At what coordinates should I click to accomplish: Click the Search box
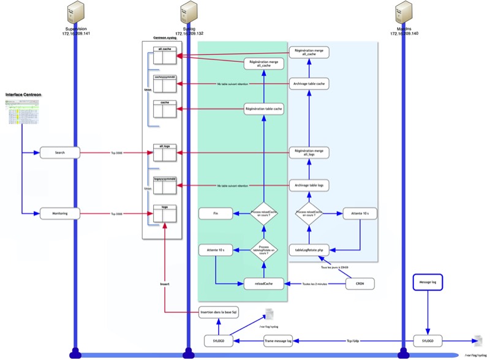click(x=60, y=152)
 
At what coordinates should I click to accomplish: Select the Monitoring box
click(x=60, y=214)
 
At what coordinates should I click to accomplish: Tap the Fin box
click(x=216, y=214)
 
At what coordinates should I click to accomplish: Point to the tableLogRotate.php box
click(x=309, y=250)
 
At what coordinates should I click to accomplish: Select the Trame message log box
click(x=277, y=340)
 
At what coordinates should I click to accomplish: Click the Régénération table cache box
click(x=263, y=109)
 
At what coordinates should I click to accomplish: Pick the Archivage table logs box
click(x=309, y=185)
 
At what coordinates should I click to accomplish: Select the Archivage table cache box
click(x=309, y=83)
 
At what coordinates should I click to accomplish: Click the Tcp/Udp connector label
click(x=353, y=340)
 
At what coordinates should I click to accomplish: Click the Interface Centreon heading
click(x=23, y=95)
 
